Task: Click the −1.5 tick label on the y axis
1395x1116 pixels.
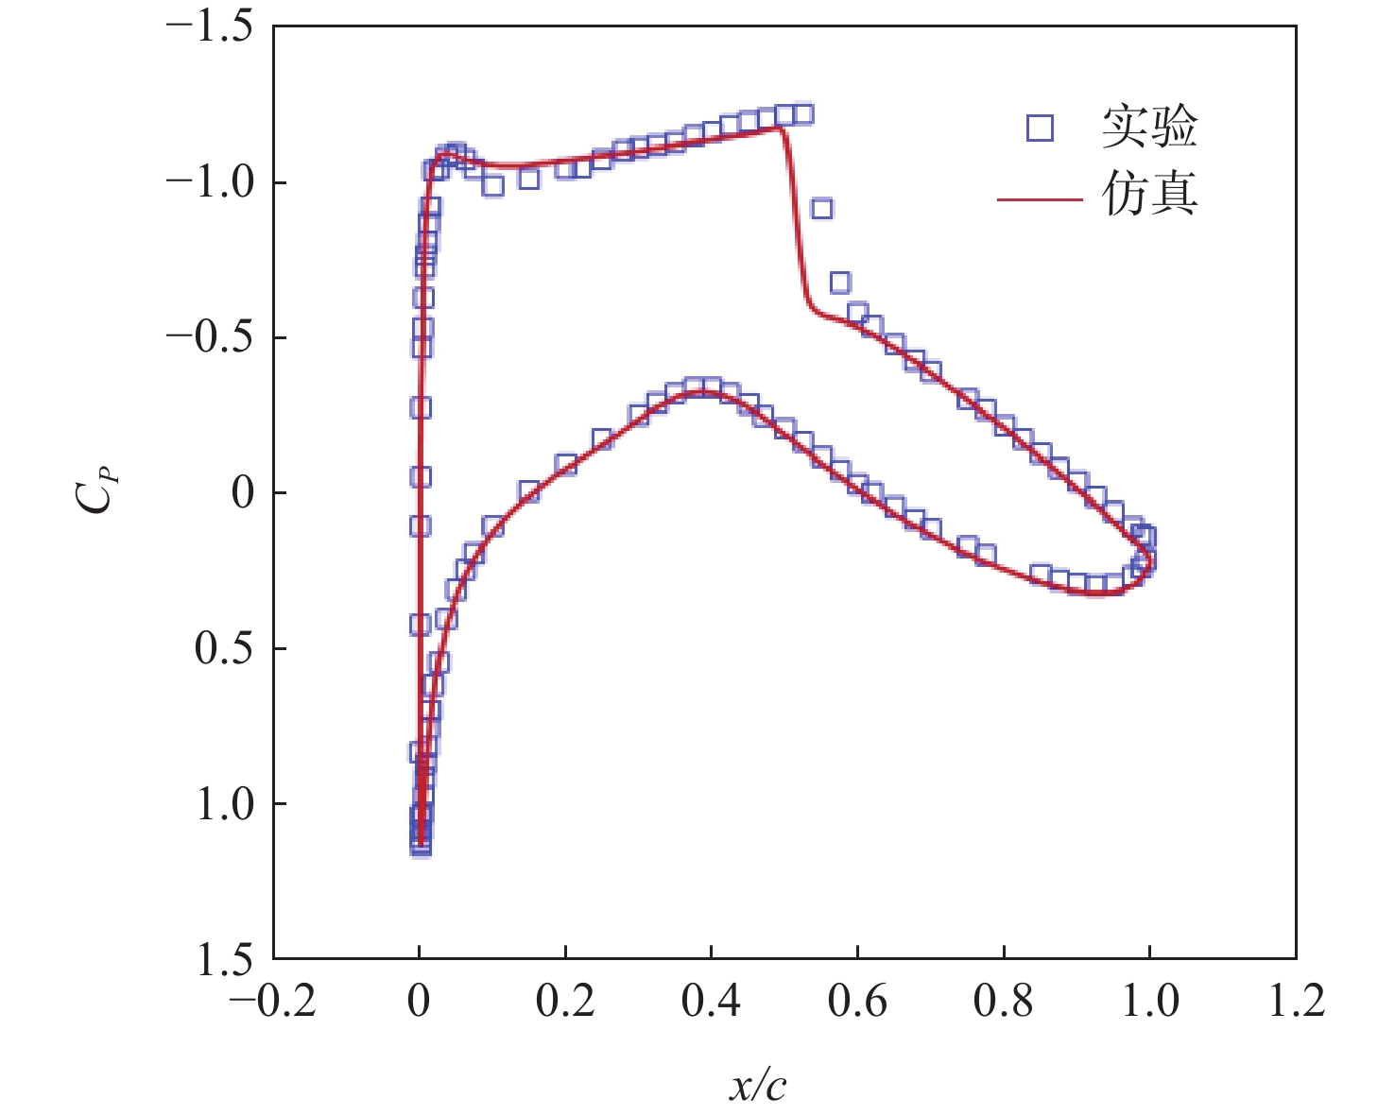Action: pos(209,27)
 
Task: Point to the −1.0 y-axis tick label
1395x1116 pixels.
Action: pos(209,182)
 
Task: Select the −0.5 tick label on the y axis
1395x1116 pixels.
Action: pos(209,338)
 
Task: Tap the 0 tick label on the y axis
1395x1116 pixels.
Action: pos(244,493)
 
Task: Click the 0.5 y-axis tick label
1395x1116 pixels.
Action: pos(225,649)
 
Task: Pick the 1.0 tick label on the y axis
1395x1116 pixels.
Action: pos(225,804)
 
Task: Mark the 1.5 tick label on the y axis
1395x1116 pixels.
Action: pos(225,960)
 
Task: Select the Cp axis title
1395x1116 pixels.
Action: pos(96,492)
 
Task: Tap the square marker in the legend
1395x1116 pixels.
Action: pos(1040,128)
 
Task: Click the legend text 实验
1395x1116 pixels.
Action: pos(1149,128)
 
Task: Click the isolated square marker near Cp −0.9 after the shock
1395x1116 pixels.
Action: pos(821,209)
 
